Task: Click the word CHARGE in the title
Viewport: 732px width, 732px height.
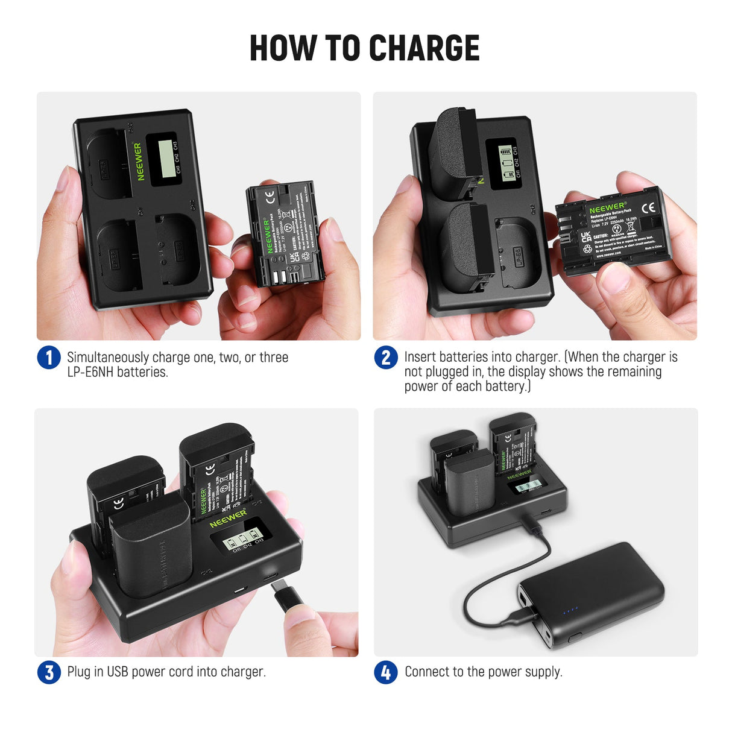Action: point(424,48)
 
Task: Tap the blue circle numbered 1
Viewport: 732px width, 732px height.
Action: point(49,357)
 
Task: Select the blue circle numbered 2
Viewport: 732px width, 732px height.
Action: point(386,358)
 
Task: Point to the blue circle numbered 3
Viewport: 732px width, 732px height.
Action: point(49,672)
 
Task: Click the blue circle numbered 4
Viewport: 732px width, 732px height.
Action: point(386,672)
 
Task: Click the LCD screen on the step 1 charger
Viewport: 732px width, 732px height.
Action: point(164,158)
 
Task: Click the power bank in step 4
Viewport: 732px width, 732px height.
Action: point(591,594)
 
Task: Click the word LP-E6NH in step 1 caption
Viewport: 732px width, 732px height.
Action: point(90,372)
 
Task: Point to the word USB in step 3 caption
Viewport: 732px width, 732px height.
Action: point(118,672)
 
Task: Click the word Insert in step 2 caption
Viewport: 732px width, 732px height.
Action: point(420,357)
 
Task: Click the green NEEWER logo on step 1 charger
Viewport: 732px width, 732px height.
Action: point(139,161)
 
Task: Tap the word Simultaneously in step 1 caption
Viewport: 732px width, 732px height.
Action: point(107,357)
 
